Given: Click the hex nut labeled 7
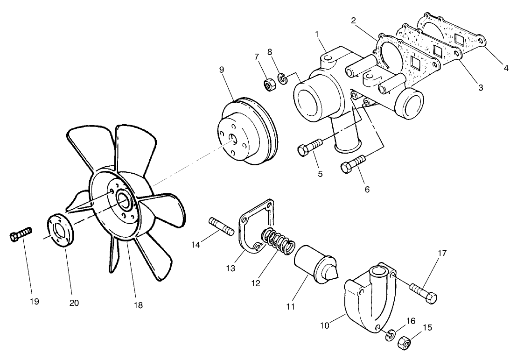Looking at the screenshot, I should [269, 85].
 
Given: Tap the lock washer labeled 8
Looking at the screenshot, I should [282, 78].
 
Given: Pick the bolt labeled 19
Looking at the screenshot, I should [20, 234].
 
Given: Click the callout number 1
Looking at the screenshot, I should [317, 34].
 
